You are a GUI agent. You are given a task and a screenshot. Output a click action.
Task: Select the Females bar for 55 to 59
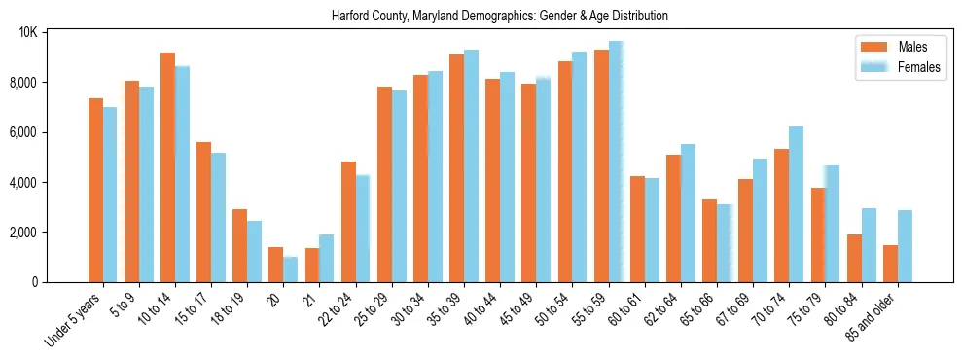coord(616,162)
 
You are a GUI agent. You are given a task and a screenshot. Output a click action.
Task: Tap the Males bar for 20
coord(275,265)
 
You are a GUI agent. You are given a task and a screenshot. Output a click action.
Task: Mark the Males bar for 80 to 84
coord(854,258)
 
